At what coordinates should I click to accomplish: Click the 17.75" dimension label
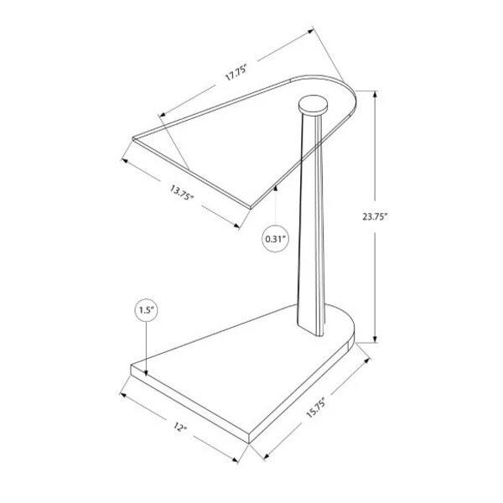tap(236, 73)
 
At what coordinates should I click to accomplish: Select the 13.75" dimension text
tap(182, 193)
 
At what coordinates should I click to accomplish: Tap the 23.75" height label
tap(376, 217)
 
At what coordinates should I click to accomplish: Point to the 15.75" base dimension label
tap(316, 407)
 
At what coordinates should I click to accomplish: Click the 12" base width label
tap(180, 427)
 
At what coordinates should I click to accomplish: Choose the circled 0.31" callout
tap(276, 239)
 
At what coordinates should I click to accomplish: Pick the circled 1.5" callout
tap(146, 310)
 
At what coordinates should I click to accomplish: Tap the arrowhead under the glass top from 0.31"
tap(276, 189)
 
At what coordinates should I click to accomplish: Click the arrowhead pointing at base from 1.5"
tap(146, 372)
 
